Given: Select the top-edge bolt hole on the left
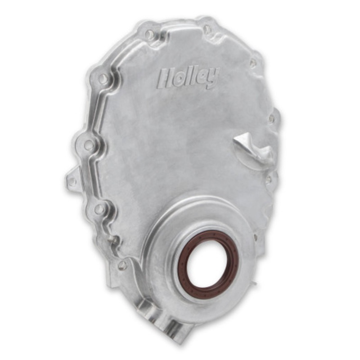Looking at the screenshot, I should coord(149,34).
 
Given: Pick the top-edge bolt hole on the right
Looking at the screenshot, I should coord(207,29).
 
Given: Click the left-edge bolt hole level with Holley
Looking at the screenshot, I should coord(103,79).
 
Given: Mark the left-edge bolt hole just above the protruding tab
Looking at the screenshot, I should coord(89,145).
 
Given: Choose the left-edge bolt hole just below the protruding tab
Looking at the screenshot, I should coord(99,209).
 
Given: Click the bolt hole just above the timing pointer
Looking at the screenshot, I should coord(272,119).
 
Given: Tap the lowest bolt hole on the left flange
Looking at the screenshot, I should coord(122,265).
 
